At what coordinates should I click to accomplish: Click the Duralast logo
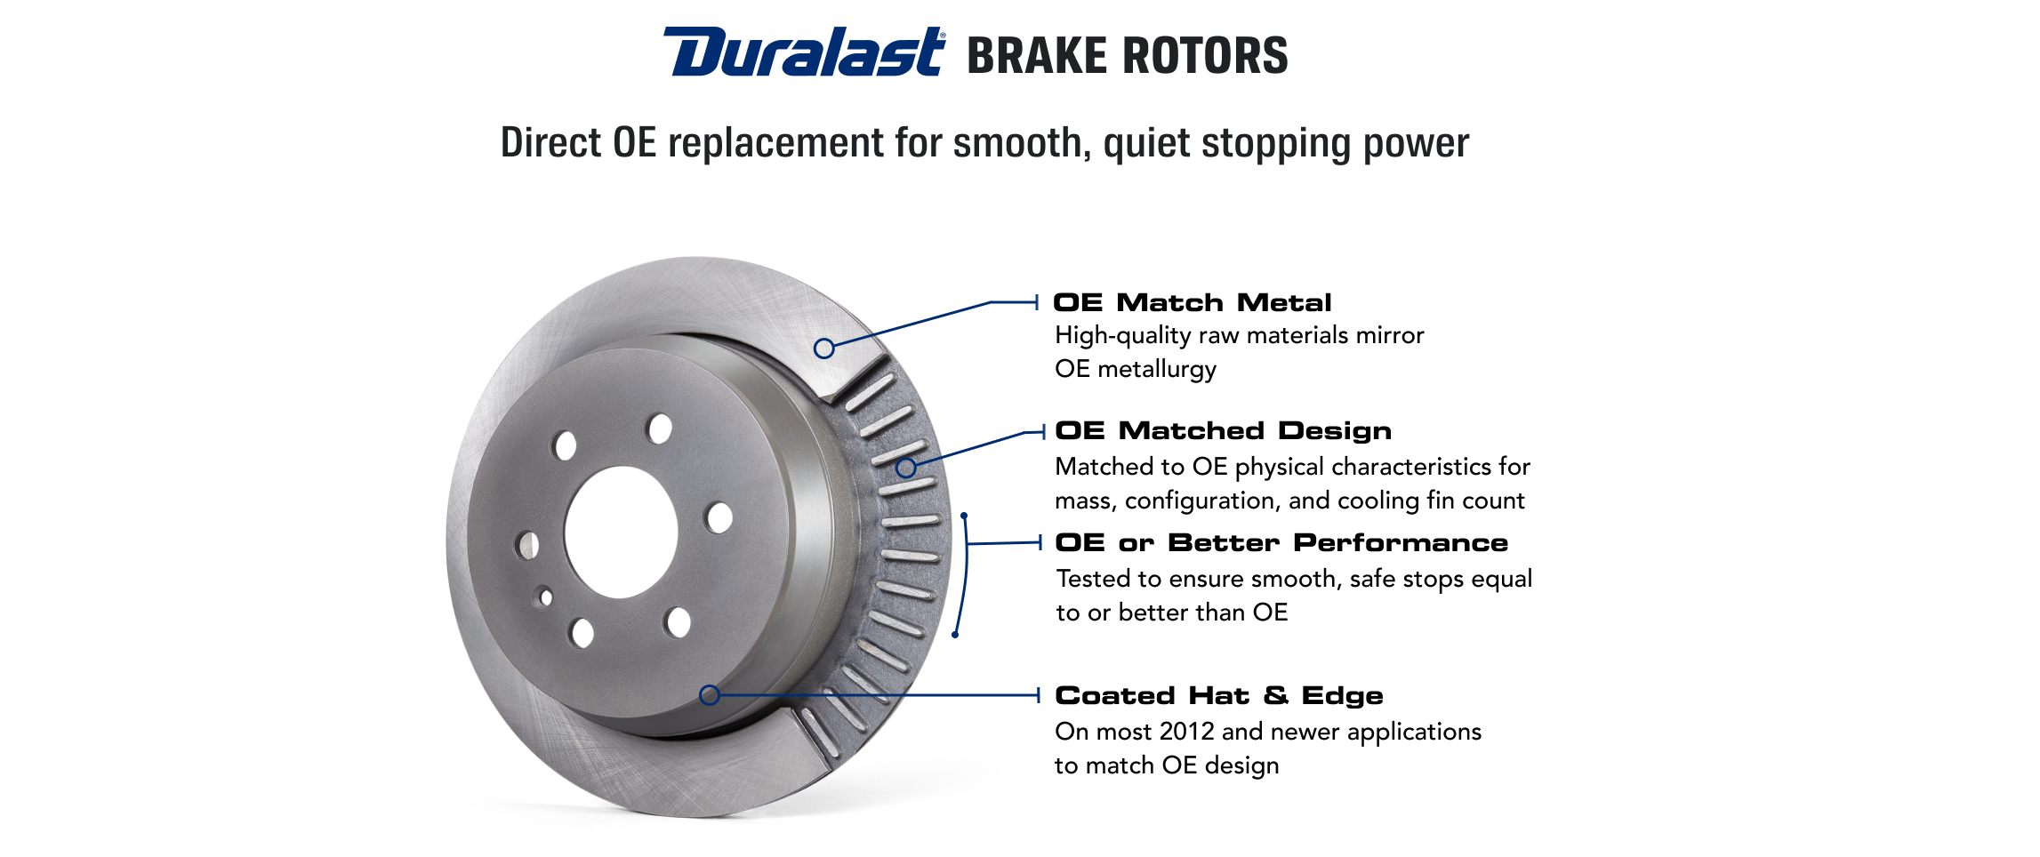803,52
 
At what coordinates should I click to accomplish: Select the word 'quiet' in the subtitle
1146,143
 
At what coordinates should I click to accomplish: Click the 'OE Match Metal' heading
1193,302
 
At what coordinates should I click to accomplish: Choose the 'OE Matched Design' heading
1224,430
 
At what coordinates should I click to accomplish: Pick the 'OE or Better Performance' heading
1281,542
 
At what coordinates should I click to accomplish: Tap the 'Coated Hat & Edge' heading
1219,695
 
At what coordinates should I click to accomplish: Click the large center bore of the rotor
621,533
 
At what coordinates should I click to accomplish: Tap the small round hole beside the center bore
545,597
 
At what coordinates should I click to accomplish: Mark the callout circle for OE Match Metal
824,348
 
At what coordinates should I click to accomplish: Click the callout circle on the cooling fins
905,468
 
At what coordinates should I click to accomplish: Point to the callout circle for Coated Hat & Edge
709,695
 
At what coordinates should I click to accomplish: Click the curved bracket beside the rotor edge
966,574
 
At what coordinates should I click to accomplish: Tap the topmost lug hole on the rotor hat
659,428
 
